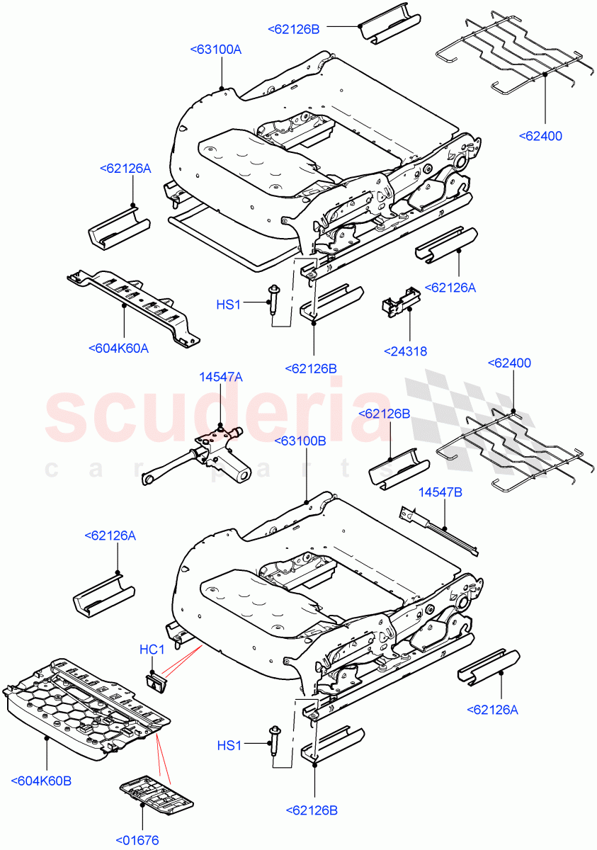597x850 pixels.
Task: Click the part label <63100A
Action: click(x=216, y=49)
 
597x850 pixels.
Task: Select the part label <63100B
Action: click(x=300, y=441)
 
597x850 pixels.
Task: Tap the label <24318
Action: click(x=405, y=351)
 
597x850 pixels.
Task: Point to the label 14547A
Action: click(x=220, y=378)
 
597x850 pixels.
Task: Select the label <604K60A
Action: click(x=120, y=348)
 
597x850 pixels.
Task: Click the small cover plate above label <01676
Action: click(x=157, y=793)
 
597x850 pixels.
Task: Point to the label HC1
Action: click(x=152, y=650)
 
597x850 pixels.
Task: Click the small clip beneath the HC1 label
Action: click(x=156, y=681)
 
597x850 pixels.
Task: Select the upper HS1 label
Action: click(x=229, y=305)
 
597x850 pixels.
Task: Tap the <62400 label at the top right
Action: click(x=540, y=135)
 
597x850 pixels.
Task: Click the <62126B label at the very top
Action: click(x=294, y=29)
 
